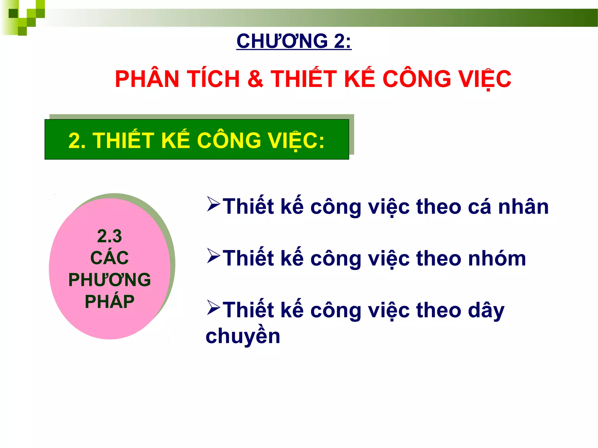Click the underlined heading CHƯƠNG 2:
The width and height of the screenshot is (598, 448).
[x=294, y=41]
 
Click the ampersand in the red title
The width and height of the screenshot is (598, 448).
[x=255, y=79]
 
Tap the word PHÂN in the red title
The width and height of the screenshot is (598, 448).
[x=147, y=79]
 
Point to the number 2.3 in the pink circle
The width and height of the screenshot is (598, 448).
[x=109, y=236]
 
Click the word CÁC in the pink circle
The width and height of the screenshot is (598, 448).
[x=109, y=258]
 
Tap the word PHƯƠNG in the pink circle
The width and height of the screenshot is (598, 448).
[x=109, y=280]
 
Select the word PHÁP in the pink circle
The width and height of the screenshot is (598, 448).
[x=109, y=302]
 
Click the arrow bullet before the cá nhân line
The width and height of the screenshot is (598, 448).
[x=213, y=204]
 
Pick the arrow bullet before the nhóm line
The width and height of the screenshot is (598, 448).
[x=213, y=256]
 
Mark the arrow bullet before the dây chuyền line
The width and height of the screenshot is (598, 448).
[x=213, y=307]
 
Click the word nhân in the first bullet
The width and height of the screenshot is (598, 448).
[x=523, y=207]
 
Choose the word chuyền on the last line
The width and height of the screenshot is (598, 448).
[x=243, y=336]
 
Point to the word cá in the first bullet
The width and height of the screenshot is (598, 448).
[x=479, y=207]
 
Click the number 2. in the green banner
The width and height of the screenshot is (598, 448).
[x=77, y=141]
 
